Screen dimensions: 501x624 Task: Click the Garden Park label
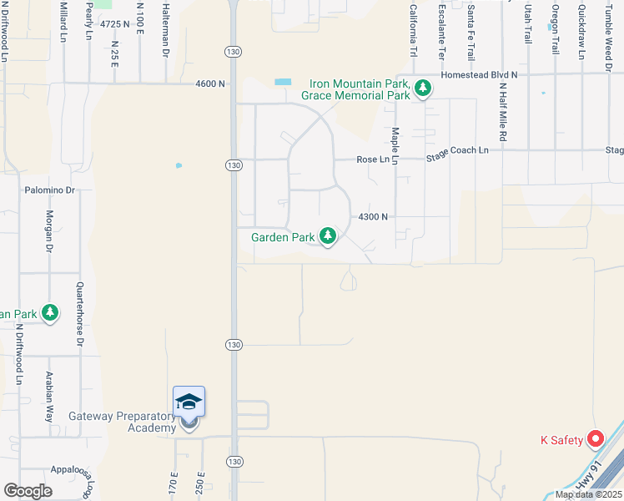[x=283, y=237]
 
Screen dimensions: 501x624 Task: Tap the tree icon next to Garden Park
[x=329, y=237]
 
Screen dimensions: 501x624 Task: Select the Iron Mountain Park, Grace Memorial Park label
[x=360, y=89]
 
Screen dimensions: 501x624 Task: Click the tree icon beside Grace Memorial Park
[x=423, y=88]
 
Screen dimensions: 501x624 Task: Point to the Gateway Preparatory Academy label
[x=123, y=422]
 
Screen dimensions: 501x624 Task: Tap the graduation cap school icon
[x=189, y=402]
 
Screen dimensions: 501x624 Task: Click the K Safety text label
[x=561, y=440]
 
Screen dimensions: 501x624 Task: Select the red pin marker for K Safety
[x=596, y=438]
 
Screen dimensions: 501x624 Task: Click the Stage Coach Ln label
[x=457, y=151]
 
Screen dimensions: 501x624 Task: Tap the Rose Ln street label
[x=372, y=159]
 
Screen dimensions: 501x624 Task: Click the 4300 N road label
[x=373, y=216]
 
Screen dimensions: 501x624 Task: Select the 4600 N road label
[x=210, y=83]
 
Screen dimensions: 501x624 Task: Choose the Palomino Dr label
[x=50, y=190]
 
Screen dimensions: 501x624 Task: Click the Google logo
[x=27, y=491]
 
